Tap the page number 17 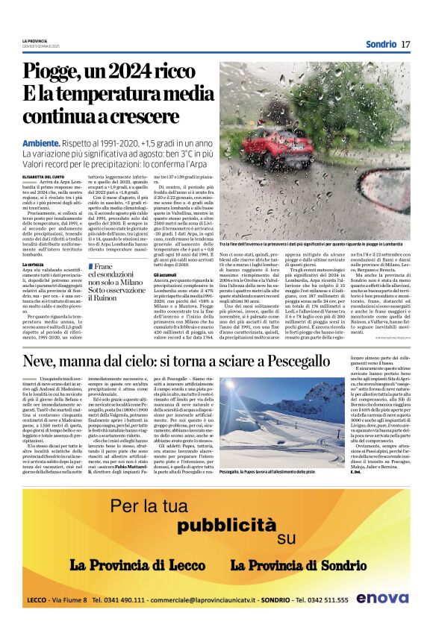(405, 43)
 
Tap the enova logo (381, 598)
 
